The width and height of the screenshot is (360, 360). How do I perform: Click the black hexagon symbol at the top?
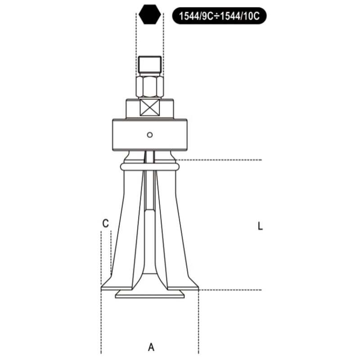tap(150, 15)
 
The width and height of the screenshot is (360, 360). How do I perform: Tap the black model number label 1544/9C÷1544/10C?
tap(219, 16)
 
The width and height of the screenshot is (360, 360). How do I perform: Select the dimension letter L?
tap(260, 226)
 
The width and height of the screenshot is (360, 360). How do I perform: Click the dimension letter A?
tap(151, 347)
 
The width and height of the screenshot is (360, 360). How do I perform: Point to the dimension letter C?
tap(105, 223)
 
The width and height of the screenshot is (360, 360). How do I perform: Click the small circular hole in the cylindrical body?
tap(150, 134)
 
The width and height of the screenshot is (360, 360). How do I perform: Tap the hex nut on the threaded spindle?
tap(150, 86)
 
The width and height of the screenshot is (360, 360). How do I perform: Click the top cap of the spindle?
tap(150, 64)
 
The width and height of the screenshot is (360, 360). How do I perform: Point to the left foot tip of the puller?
tap(104, 285)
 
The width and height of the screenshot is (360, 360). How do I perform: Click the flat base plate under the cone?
tap(150, 294)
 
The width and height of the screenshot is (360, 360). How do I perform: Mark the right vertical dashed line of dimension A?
tap(198, 324)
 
